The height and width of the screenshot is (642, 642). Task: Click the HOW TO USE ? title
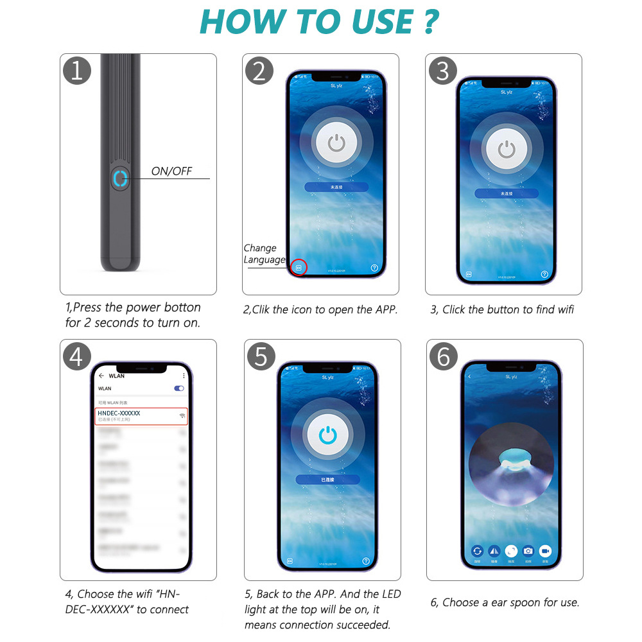point(319,22)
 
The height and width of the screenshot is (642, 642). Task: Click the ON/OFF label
point(171,171)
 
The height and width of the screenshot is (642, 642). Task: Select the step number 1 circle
point(77,71)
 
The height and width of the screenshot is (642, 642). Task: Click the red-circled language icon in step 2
point(299,267)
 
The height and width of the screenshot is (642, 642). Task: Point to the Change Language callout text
point(263,254)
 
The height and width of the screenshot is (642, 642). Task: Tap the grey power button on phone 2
point(336,143)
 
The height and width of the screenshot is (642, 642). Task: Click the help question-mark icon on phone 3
point(544,274)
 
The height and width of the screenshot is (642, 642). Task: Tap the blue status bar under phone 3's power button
point(507,193)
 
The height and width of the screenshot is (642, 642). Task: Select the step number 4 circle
point(77,356)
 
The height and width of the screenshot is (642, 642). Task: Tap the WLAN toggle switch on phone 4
point(179,388)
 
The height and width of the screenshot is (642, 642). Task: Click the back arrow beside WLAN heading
point(101,376)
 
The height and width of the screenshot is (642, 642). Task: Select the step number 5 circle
point(261,356)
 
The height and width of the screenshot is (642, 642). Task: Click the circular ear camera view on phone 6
point(511,464)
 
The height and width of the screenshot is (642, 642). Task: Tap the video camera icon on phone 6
point(545,551)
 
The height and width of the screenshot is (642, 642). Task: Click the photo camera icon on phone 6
point(528,551)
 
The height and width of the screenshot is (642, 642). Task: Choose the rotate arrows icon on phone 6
point(477,551)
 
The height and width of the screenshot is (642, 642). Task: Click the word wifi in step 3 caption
point(566,309)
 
